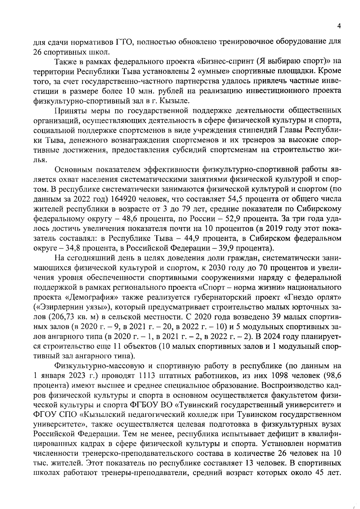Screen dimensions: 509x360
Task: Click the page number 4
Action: pyautogui.click(x=339, y=26)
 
